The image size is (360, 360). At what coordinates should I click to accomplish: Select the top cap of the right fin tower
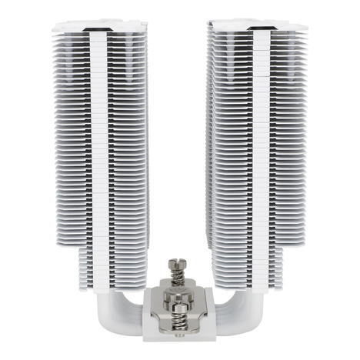[x=258, y=28]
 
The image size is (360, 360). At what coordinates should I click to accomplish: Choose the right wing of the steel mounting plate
[x=206, y=292]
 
